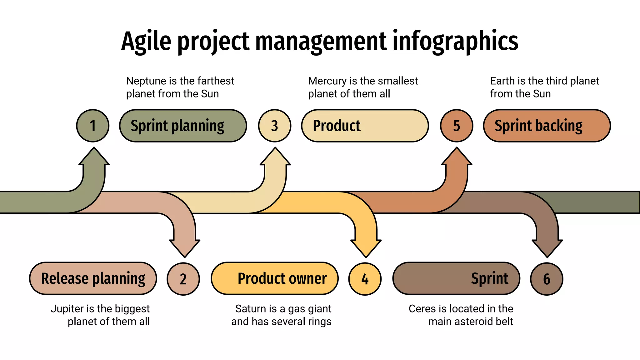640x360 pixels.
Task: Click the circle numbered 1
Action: point(93,126)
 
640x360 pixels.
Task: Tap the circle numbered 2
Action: point(183,279)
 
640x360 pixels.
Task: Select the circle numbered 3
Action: point(275,126)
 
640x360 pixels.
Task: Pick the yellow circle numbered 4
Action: point(365,279)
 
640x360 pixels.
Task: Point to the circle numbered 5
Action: point(457,126)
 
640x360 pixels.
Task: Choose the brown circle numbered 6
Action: point(547,279)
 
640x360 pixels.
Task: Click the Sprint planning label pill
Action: point(183,126)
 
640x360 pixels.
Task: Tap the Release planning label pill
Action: point(93,278)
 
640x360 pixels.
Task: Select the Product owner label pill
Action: point(275,278)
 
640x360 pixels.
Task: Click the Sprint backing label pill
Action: point(547,126)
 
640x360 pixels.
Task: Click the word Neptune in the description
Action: point(146,81)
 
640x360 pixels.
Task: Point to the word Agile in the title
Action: point(146,42)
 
